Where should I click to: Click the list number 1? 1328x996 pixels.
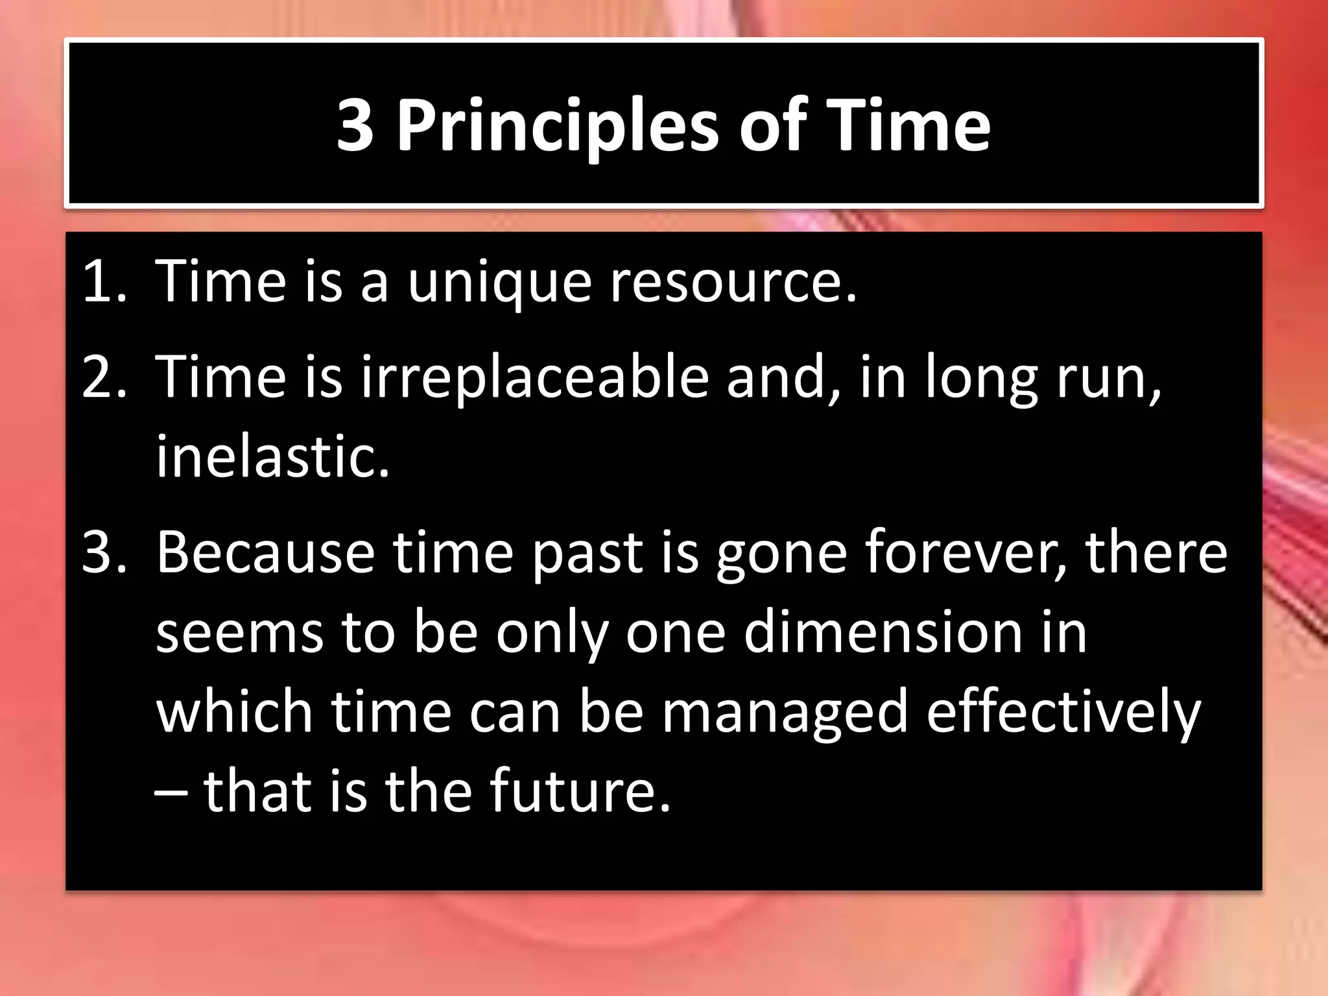[104, 281]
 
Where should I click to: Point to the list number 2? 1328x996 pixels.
[104, 377]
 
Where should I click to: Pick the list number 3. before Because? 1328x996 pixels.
[104, 552]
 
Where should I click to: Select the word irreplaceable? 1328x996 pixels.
[535, 378]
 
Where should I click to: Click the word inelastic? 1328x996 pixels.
[272, 456]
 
